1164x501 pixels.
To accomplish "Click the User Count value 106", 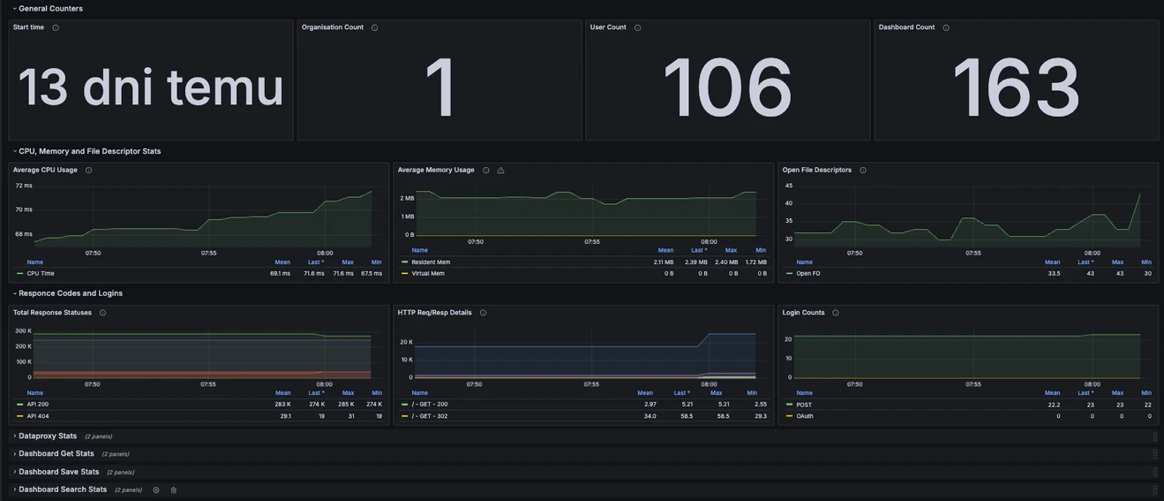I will (x=727, y=87).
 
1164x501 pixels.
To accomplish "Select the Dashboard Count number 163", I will (x=1016, y=87).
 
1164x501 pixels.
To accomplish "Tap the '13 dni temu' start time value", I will (x=151, y=87).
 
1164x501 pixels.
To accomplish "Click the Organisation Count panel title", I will (x=332, y=27).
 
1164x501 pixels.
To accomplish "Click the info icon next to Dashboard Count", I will (x=946, y=27).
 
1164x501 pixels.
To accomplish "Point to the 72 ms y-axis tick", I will (x=24, y=186).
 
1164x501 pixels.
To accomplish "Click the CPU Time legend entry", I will (x=41, y=274).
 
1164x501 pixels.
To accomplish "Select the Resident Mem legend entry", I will (x=431, y=262).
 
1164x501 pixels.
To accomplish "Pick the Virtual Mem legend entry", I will (x=428, y=274).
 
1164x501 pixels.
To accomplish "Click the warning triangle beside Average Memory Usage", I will (x=500, y=171).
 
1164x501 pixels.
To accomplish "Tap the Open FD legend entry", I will (x=808, y=274).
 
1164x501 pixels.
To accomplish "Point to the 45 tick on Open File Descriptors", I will (x=789, y=186).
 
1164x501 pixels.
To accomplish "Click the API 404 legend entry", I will (x=38, y=416).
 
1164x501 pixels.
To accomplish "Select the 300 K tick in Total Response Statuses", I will (x=23, y=330).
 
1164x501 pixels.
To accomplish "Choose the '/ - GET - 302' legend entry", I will (x=430, y=416).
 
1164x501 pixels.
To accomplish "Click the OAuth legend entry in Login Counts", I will (x=805, y=416).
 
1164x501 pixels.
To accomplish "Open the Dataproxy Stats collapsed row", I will (x=48, y=436).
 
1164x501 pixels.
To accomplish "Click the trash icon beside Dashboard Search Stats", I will (x=173, y=490).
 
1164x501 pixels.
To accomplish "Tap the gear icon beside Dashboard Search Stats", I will (x=156, y=490).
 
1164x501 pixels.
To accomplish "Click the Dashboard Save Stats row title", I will (x=58, y=472).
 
